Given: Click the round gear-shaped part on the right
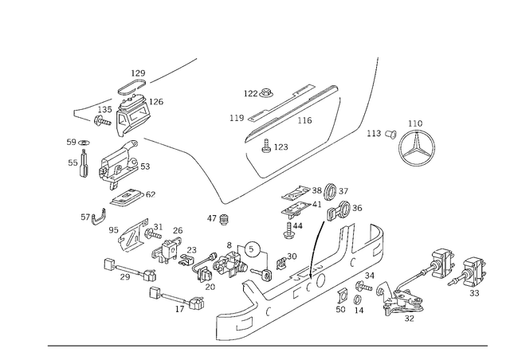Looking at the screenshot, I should [x=416, y=143].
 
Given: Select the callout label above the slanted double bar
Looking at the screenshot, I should [x=255, y=93].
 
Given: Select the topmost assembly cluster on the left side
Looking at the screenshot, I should [x=127, y=108].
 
